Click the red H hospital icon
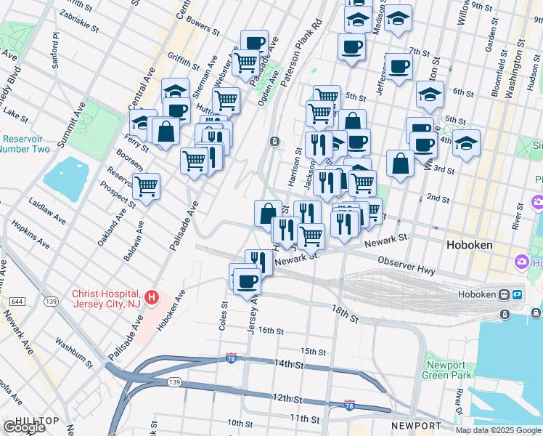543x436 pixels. (x=152, y=297)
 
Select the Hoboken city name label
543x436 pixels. (x=469, y=246)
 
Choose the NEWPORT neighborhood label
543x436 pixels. (x=416, y=425)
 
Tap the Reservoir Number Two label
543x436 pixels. (x=25, y=144)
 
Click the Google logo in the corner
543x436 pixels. (x=24, y=427)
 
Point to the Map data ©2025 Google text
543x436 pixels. (x=498, y=430)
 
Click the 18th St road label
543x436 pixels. (x=345, y=315)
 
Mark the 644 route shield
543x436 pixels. (x=17, y=301)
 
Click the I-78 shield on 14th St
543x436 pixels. (x=230, y=359)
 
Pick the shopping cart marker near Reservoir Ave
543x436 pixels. (x=147, y=186)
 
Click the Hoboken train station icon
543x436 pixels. (x=503, y=295)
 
